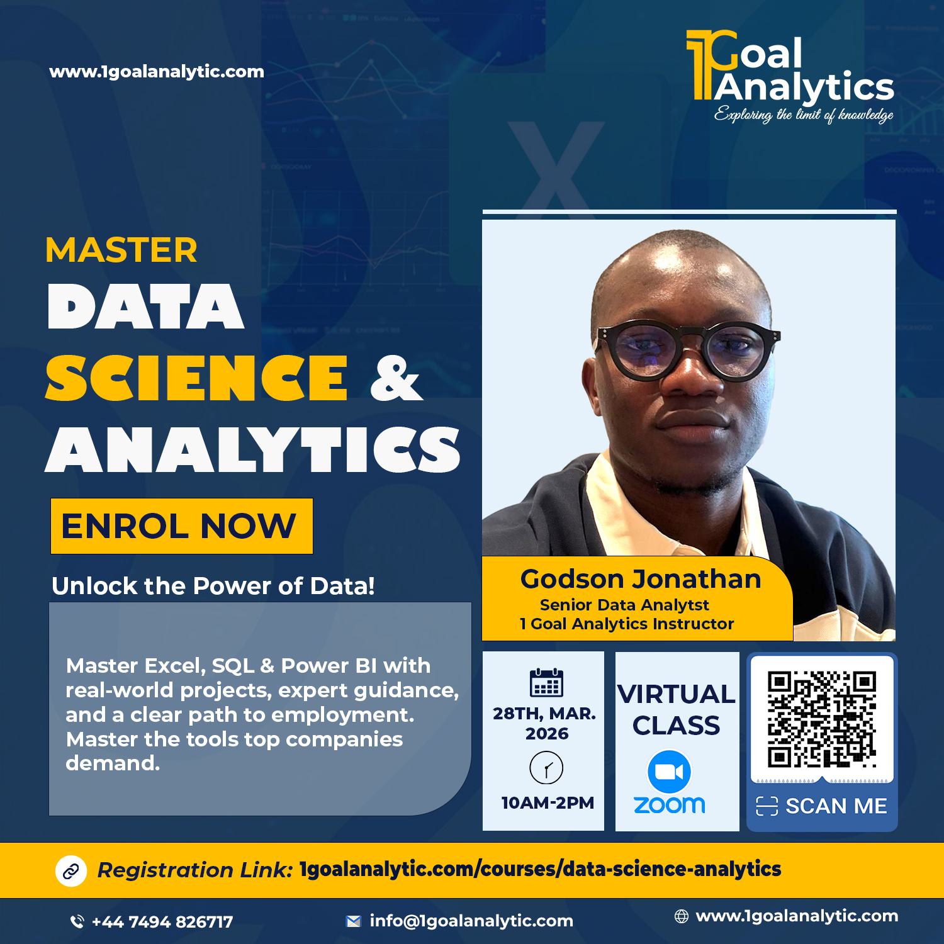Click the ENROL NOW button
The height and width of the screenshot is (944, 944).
[x=182, y=526]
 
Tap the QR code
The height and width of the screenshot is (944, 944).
[x=822, y=719]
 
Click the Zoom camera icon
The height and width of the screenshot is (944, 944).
[x=669, y=772]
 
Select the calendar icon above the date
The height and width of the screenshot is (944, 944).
[x=546, y=683]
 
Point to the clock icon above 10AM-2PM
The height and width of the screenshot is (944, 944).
[x=546, y=768]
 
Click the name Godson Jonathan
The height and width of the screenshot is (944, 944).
[x=641, y=579]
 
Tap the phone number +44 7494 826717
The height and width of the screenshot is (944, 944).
[x=162, y=922]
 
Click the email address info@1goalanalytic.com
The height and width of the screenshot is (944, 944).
[x=471, y=921]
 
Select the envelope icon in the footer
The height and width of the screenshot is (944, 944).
[x=354, y=921]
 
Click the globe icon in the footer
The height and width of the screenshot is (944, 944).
[x=682, y=916]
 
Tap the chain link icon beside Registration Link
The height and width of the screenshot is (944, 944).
[x=71, y=871]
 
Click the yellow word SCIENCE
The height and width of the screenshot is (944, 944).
[x=196, y=378]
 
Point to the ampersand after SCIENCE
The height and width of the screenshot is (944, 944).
[x=396, y=378]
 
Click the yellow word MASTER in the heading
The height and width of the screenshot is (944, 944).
[x=121, y=250]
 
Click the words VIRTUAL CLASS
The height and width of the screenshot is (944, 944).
[x=677, y=710]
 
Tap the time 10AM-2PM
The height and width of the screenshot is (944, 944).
[x=548, y=803]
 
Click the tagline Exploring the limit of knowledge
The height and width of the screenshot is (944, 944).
[x=804, y=115]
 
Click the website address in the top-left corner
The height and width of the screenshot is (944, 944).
[x=157, y=72]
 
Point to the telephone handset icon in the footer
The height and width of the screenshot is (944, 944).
[x=77, y=922]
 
